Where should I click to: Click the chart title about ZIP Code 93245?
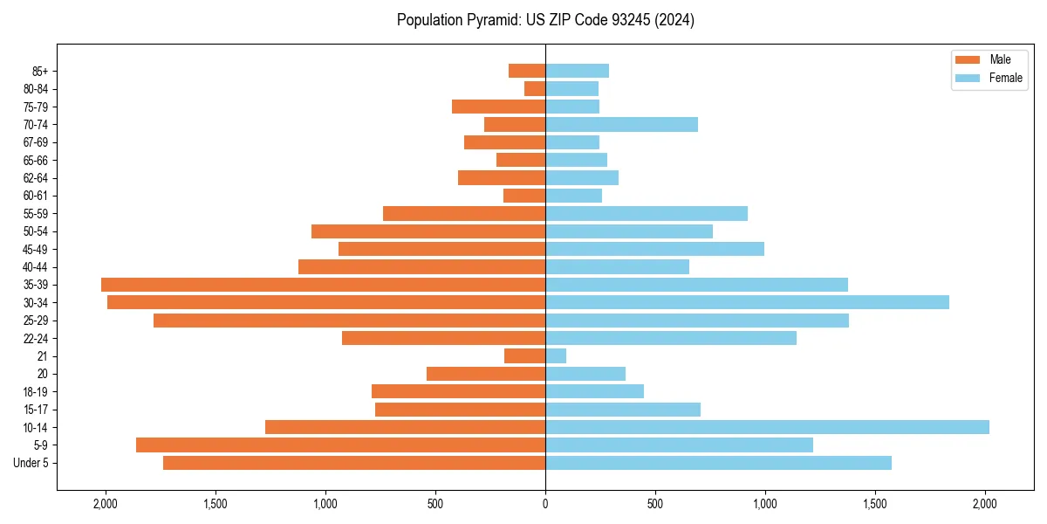[x=545, y=20]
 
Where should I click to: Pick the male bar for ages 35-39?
[x=323, y=285]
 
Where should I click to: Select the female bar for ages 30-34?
[x=747, y=302]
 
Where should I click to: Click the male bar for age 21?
[x=524, y=355]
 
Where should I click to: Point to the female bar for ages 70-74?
[x=621, y=124]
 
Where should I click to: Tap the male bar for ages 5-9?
[x=340, y=445]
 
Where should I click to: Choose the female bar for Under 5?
[x=718, y=463]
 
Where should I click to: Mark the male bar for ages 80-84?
[x=535, y=88]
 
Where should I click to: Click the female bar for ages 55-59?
[x=647, y=213]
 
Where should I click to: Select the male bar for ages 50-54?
[x=428, y=231]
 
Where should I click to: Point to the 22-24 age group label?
[x=35, y=338]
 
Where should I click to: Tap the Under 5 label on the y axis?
[x=31, y=463]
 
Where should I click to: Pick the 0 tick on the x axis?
[x=545, y=503]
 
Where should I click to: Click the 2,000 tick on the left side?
[x=106, y=503]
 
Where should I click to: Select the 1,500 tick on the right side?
[x=875, y=503]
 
